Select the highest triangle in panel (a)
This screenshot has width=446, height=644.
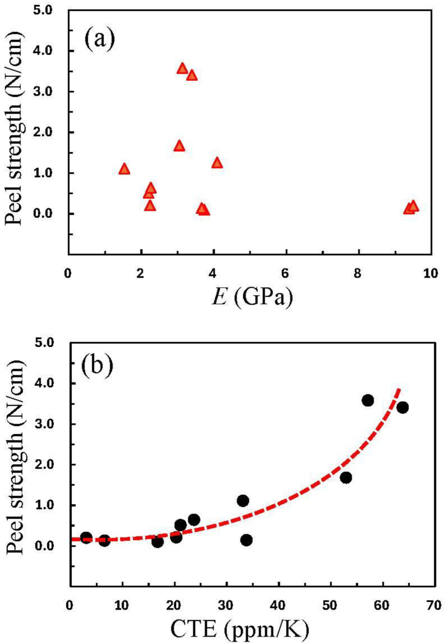(182, 68)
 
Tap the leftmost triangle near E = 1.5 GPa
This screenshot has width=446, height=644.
(124, 169)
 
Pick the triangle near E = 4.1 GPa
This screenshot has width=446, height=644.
(217, 163)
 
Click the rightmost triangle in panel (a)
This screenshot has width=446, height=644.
(413, 206)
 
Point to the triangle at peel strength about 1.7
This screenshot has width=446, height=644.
(179, 146)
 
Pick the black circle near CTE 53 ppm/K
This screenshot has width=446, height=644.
(346, 477)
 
